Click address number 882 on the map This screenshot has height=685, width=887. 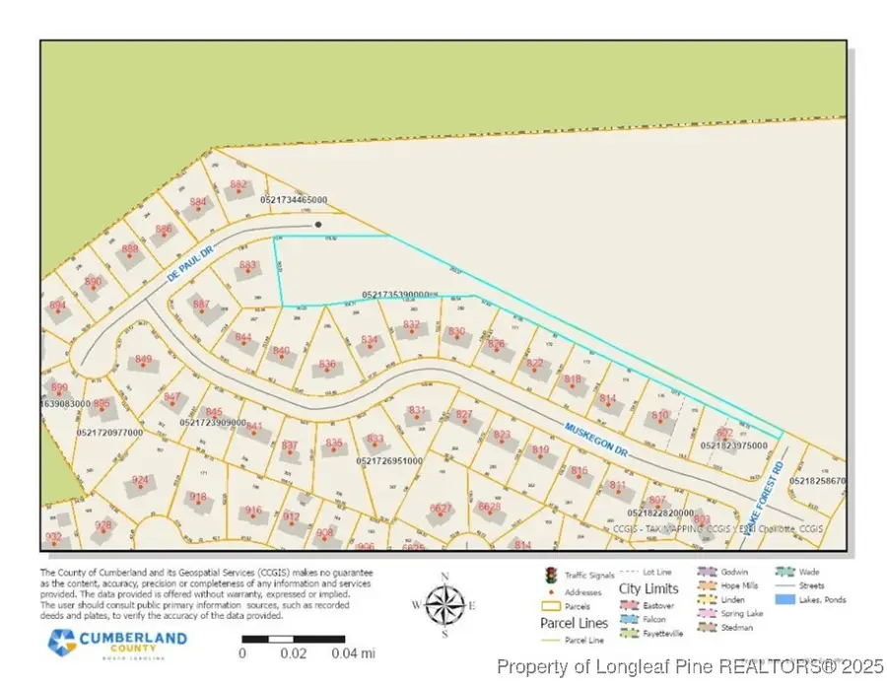pos(239,184)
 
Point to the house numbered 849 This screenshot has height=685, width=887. pos(144,360)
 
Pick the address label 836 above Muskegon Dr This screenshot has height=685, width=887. pos(328,364)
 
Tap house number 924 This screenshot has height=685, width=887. pos(141,480)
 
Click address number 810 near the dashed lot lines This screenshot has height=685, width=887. pos(660,416)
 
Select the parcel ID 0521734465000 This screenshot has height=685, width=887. pos(294,200)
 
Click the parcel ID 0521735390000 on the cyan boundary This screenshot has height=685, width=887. pos(399,294)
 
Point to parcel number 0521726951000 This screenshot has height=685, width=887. pos(389,460)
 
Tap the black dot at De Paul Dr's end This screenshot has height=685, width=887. pos(317,225)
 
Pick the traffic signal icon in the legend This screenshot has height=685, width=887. pos(550,575)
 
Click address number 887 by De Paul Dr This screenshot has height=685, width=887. pos(201,305)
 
